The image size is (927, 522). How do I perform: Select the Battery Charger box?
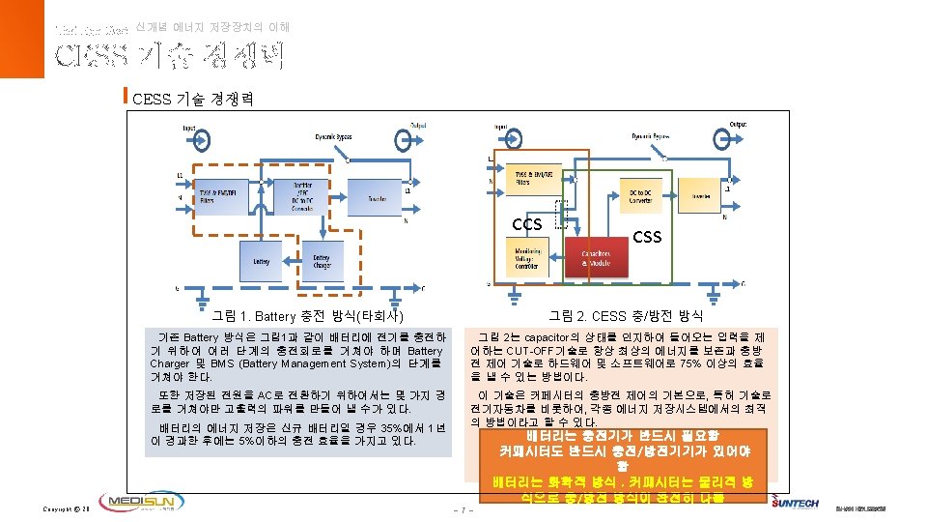click(x=322, y=261)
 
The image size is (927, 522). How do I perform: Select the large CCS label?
click(x=527, y=224)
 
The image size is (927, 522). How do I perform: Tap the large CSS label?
click(x=646, y=236)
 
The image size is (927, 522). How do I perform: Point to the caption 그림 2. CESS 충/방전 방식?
click(x=626, y=316)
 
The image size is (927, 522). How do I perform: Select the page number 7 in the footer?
click(x=464, y=509)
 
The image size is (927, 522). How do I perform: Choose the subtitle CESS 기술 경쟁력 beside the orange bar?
click(x=192, y=99)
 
